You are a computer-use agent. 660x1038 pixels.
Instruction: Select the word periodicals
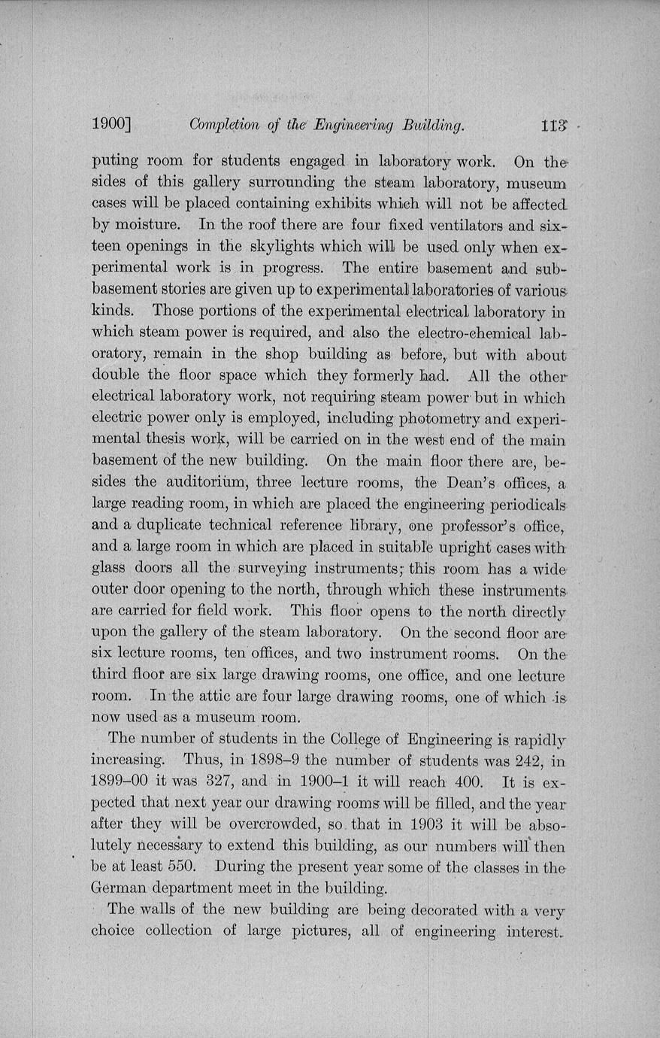(x=522, y=503)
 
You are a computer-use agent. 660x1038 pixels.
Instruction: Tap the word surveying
(x=287, y=567)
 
